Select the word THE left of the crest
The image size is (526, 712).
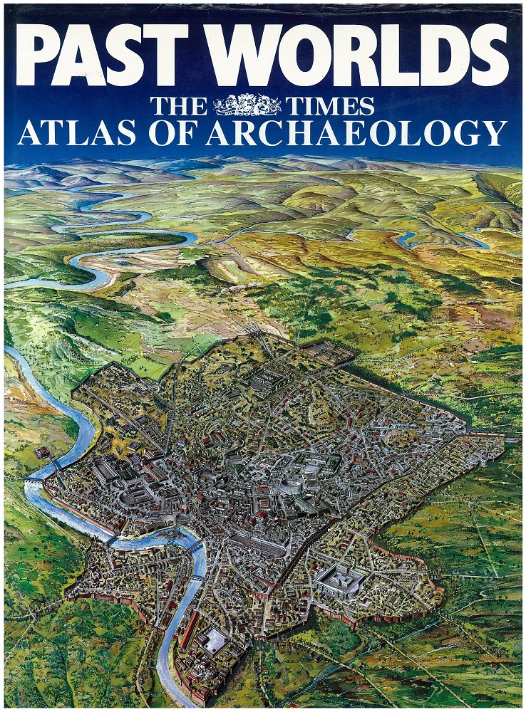tap(178, 107)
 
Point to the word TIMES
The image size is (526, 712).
tap(331, 107)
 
